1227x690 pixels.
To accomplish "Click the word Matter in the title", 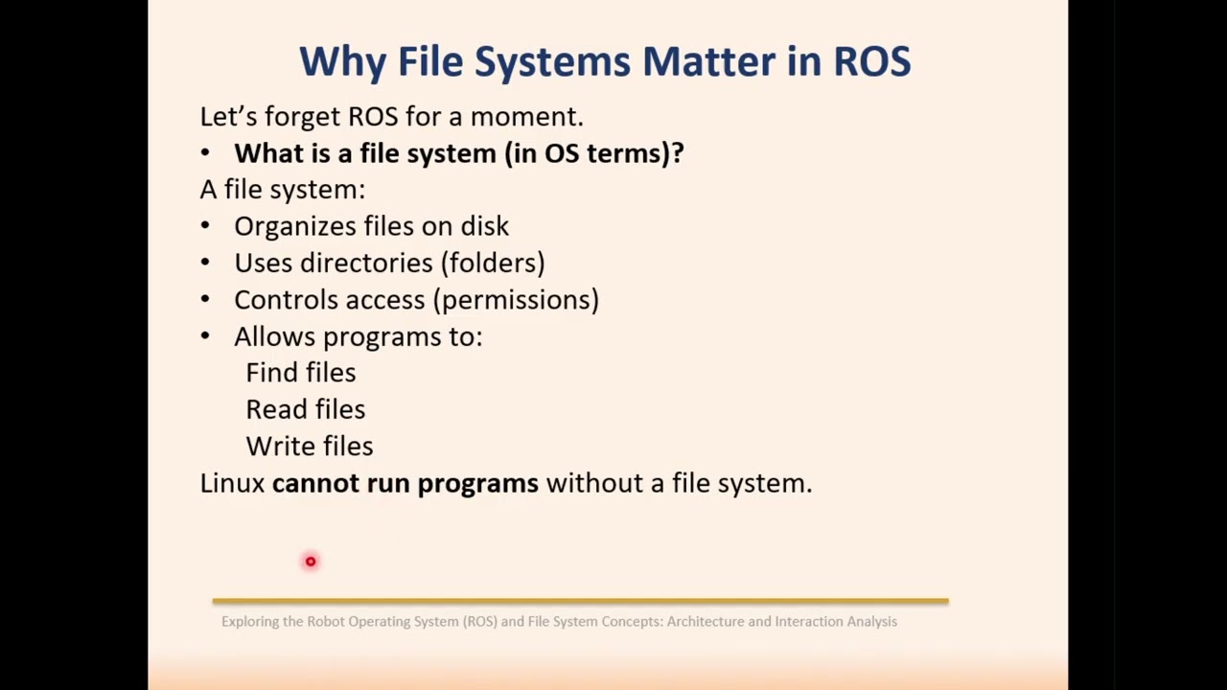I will tap(708, 61).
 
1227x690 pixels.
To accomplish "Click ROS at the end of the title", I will tap(871, 61).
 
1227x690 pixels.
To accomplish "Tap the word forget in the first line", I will tap(302, 116).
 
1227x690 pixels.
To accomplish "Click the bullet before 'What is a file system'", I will tap(205, 153).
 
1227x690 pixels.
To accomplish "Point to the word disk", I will tap(484, 226).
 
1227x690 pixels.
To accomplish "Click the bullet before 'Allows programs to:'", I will tap(205, 336).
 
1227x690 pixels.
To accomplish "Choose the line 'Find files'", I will tap(300, 373).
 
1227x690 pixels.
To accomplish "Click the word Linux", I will tap(232, 483).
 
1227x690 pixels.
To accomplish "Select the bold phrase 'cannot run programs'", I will tap(405, 483).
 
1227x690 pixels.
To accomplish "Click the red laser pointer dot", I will tap(311, 562).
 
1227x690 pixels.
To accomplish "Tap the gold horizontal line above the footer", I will tap(580, 601).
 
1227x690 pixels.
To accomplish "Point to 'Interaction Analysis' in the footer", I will tap(835, 622).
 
